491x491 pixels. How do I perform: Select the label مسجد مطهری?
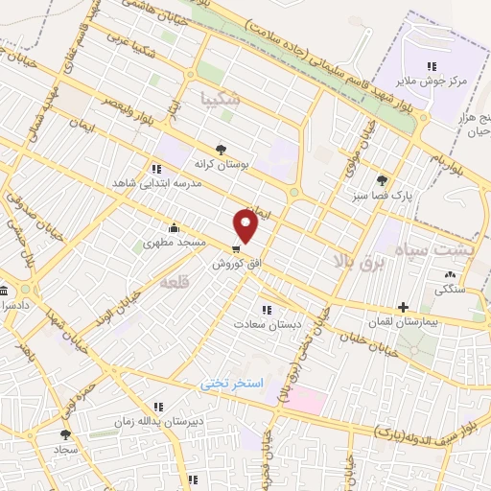[x=175, y=243]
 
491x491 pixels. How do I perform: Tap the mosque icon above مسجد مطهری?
[x=174, y=228]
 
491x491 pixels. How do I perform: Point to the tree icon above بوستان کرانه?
[x=222, y=150]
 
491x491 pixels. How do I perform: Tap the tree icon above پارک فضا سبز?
[x=383, y=179]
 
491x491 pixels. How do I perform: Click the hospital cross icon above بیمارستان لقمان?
[x=404, y=307]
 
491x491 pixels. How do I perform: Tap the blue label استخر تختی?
[x=230, y=383]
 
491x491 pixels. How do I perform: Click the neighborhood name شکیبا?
[x=220, y=96]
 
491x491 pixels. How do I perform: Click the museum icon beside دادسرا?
[x=4, y=291]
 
